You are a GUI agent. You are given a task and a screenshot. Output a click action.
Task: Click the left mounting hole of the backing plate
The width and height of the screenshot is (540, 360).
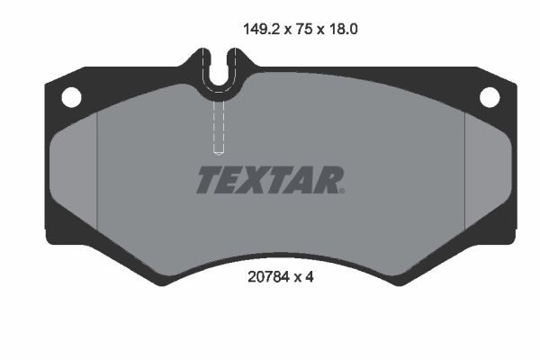69,95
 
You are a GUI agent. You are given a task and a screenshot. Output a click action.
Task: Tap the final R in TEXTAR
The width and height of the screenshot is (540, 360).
327,181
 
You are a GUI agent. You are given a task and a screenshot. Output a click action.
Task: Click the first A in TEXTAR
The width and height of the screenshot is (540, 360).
298,181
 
